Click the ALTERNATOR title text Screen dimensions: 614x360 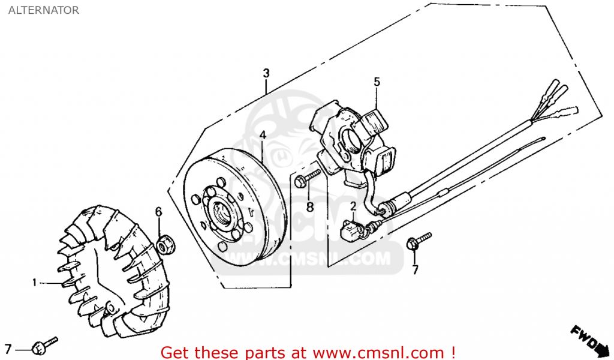tap(43, 10)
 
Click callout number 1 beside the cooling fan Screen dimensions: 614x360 tap(35, 282)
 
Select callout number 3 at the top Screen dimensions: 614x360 tap(266, 73)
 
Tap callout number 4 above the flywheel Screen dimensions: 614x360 tap(262, 136)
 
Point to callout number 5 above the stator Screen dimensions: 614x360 tap(377, 82)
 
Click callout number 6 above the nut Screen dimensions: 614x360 tap(159, 211)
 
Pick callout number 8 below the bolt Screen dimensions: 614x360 tap(309, 207)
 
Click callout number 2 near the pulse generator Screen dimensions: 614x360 tap(353, 206)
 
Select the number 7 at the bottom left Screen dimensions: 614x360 tap(8, 349)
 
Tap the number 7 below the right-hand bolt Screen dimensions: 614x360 tap(415, 270)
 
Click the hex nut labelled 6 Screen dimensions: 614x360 tap(162, 244)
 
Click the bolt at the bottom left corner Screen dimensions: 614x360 tap(43, 345)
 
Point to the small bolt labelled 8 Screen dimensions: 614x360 tap(309, 177)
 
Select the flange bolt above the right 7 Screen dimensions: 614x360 tap(417, 241)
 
